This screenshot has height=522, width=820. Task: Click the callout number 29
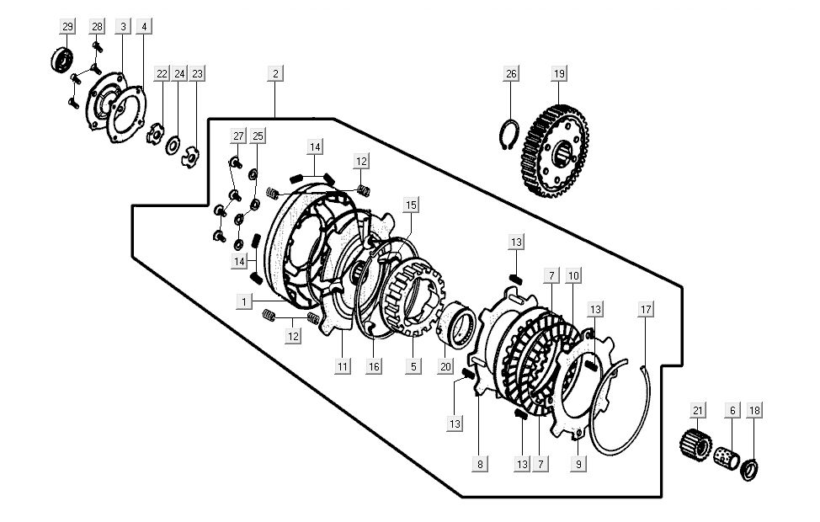(x=67, y=27)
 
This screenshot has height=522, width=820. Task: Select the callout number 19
(x=559, y=73)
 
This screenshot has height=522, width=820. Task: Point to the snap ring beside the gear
(x=509, y=135)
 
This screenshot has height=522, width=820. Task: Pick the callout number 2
(x=274, y=73)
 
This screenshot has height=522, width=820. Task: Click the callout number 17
(x=646, y=310)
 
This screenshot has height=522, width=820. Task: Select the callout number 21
(x=697, y=410)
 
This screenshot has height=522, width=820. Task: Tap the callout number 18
(x=754, y=410)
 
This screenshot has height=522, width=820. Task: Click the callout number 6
(x=732, y=410)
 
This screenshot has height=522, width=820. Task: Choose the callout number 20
(x=446, y=366)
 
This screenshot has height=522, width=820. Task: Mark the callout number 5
(x=413, y=366)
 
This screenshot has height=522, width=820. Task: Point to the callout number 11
(x=343, y=366)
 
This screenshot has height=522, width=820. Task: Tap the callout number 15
(x=411, y=205)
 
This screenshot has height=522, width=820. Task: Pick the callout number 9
(x=578, y=462)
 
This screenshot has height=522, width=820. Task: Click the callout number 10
(x=573, y=275)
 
